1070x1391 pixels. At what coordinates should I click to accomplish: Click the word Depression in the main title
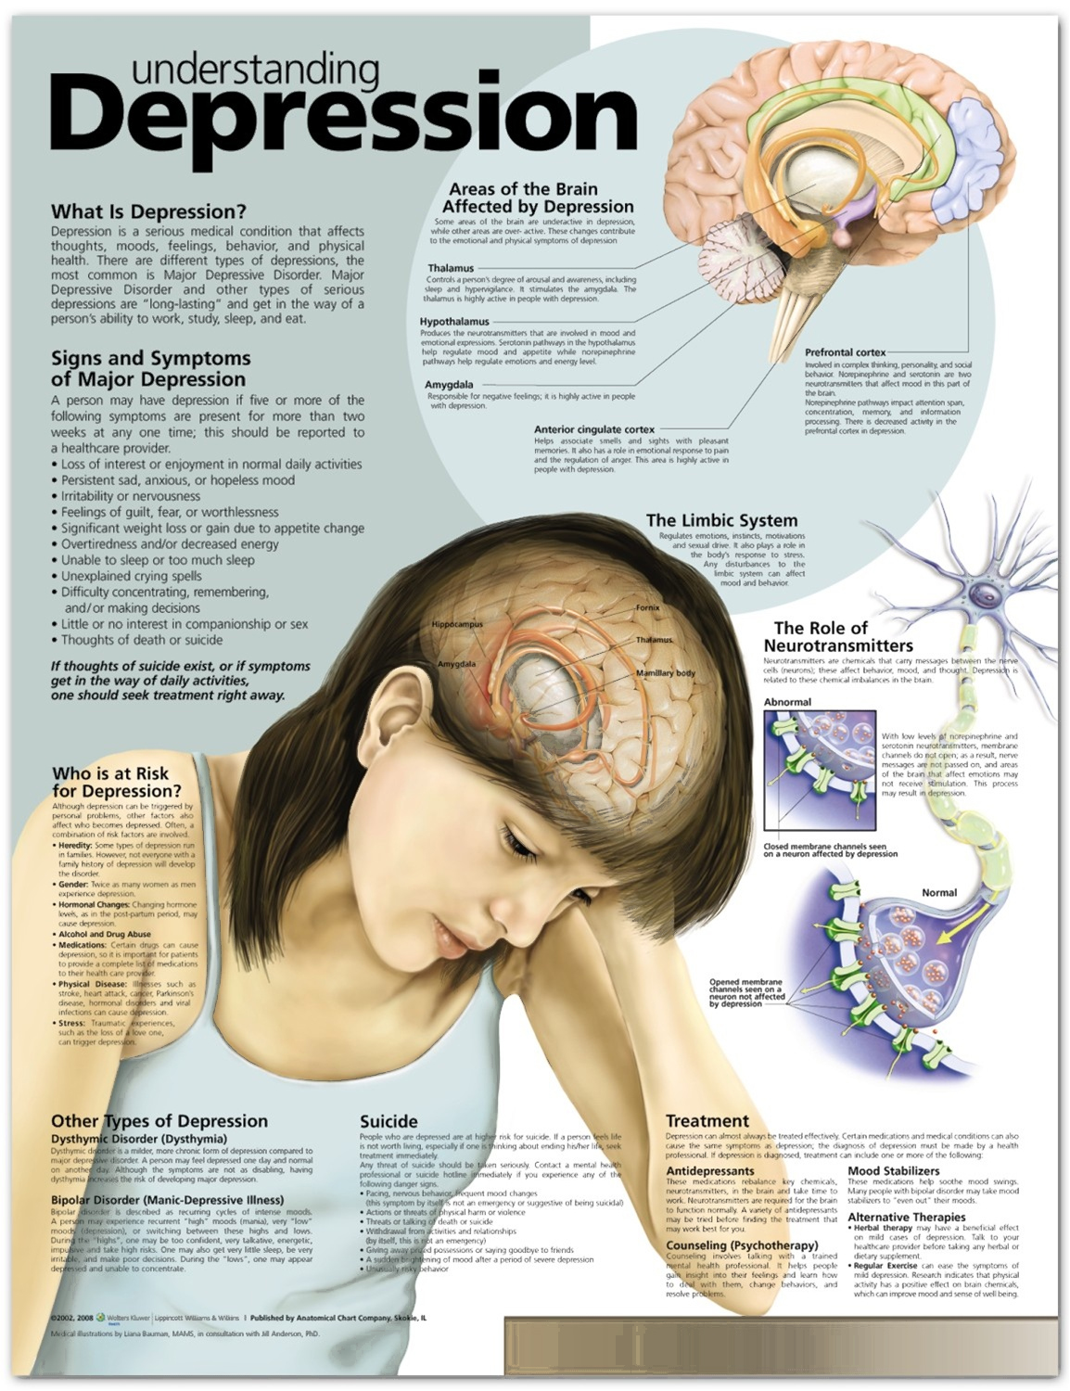pos(343,121)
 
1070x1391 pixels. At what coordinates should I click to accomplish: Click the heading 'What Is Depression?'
pos(148,211)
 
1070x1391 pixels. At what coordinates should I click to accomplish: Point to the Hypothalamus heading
pos(454,322)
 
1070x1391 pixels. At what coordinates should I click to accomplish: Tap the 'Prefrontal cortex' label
pos(845,352)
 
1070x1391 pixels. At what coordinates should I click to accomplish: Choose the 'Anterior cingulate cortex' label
pos(593,429)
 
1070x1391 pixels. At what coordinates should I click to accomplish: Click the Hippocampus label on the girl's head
pos(457,625)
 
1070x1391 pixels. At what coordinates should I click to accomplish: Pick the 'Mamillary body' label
pos(665,672)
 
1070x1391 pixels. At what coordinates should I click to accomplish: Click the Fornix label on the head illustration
pos(647,608)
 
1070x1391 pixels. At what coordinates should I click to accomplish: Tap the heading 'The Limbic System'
pos(721,520)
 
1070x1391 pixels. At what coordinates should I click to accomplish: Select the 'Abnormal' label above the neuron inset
pos(787,702)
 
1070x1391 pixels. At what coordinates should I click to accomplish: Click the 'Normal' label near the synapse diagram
pos(938,892)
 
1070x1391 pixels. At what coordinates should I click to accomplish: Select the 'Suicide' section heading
pos(389,1121)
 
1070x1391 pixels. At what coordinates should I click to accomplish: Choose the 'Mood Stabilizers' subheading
pos(893,1171)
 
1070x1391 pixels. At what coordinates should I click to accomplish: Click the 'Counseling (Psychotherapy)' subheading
pos(742,1244)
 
